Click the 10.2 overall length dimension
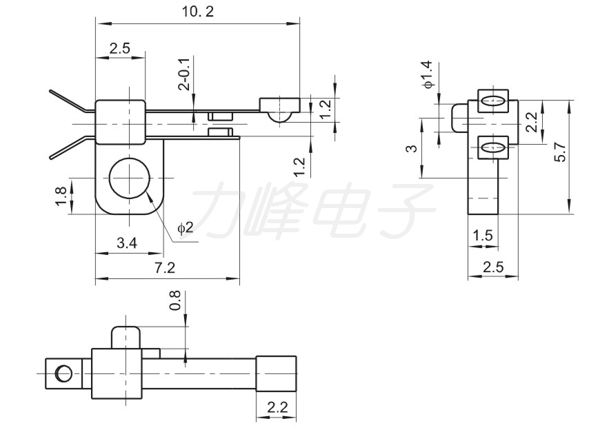[198, 12]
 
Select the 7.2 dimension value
[165, 267]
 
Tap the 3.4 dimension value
[127, 243]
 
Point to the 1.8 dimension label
[62, 196]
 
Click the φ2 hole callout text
[186, 227]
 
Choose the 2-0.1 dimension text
[185, 74]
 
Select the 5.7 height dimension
[561, 151]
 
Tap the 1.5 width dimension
[483, 235]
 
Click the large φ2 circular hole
[130, 178]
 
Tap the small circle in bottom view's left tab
[63, 373]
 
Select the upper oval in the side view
[492, 101]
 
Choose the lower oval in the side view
[492, 148]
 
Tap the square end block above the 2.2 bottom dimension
[276, 373]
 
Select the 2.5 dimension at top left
[119, 48]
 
